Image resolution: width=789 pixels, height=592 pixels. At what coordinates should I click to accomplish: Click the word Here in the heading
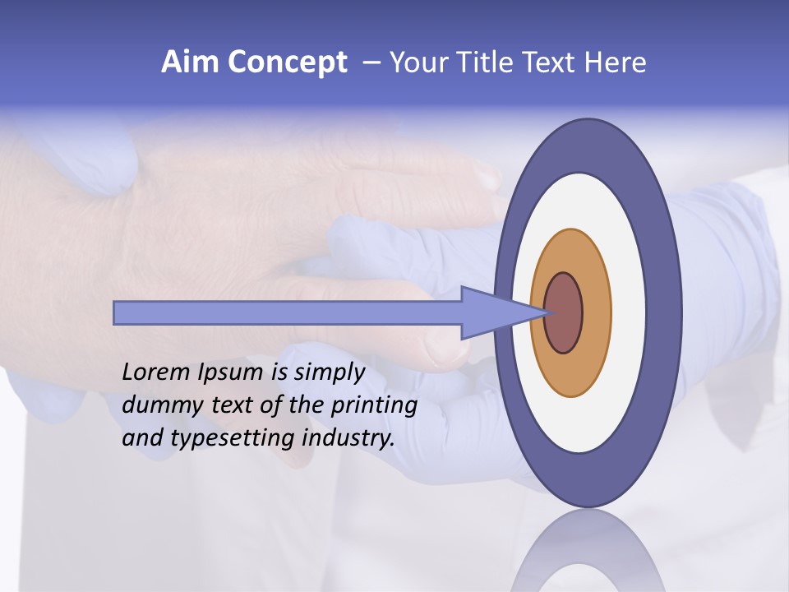tap(616, 62)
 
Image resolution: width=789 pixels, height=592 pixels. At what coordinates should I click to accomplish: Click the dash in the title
tap(371, 62)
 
